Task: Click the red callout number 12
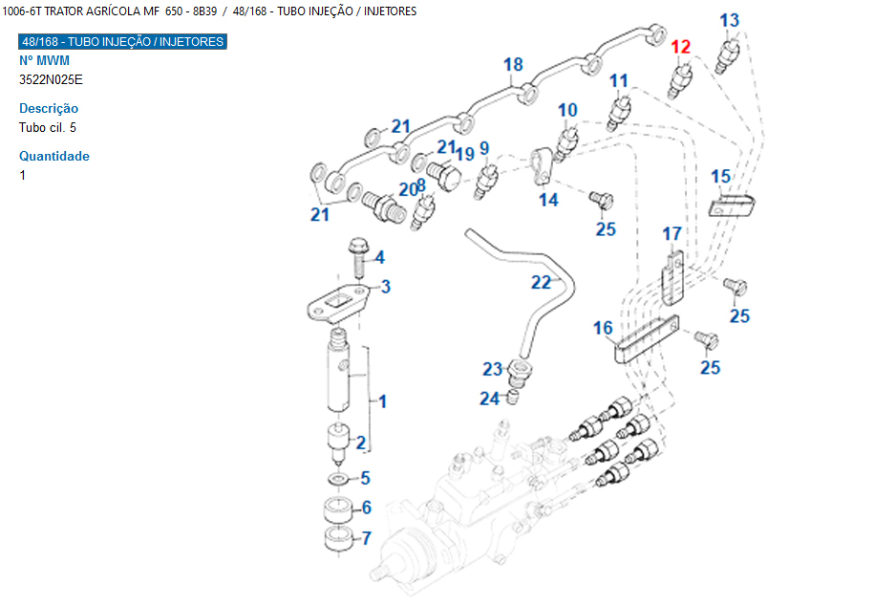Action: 680,47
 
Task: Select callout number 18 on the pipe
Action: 513,65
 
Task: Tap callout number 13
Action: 729,20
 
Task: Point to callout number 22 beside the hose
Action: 542,282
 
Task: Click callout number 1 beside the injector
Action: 383,400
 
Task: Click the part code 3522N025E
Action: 51,79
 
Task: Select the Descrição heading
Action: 49,108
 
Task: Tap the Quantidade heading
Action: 54,156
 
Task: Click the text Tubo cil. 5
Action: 48,127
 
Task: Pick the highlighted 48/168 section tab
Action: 123,42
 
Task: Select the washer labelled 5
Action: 337,478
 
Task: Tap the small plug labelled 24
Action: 513,395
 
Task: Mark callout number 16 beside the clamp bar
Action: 603,329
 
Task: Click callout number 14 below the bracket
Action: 548,200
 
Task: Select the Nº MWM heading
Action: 45,60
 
